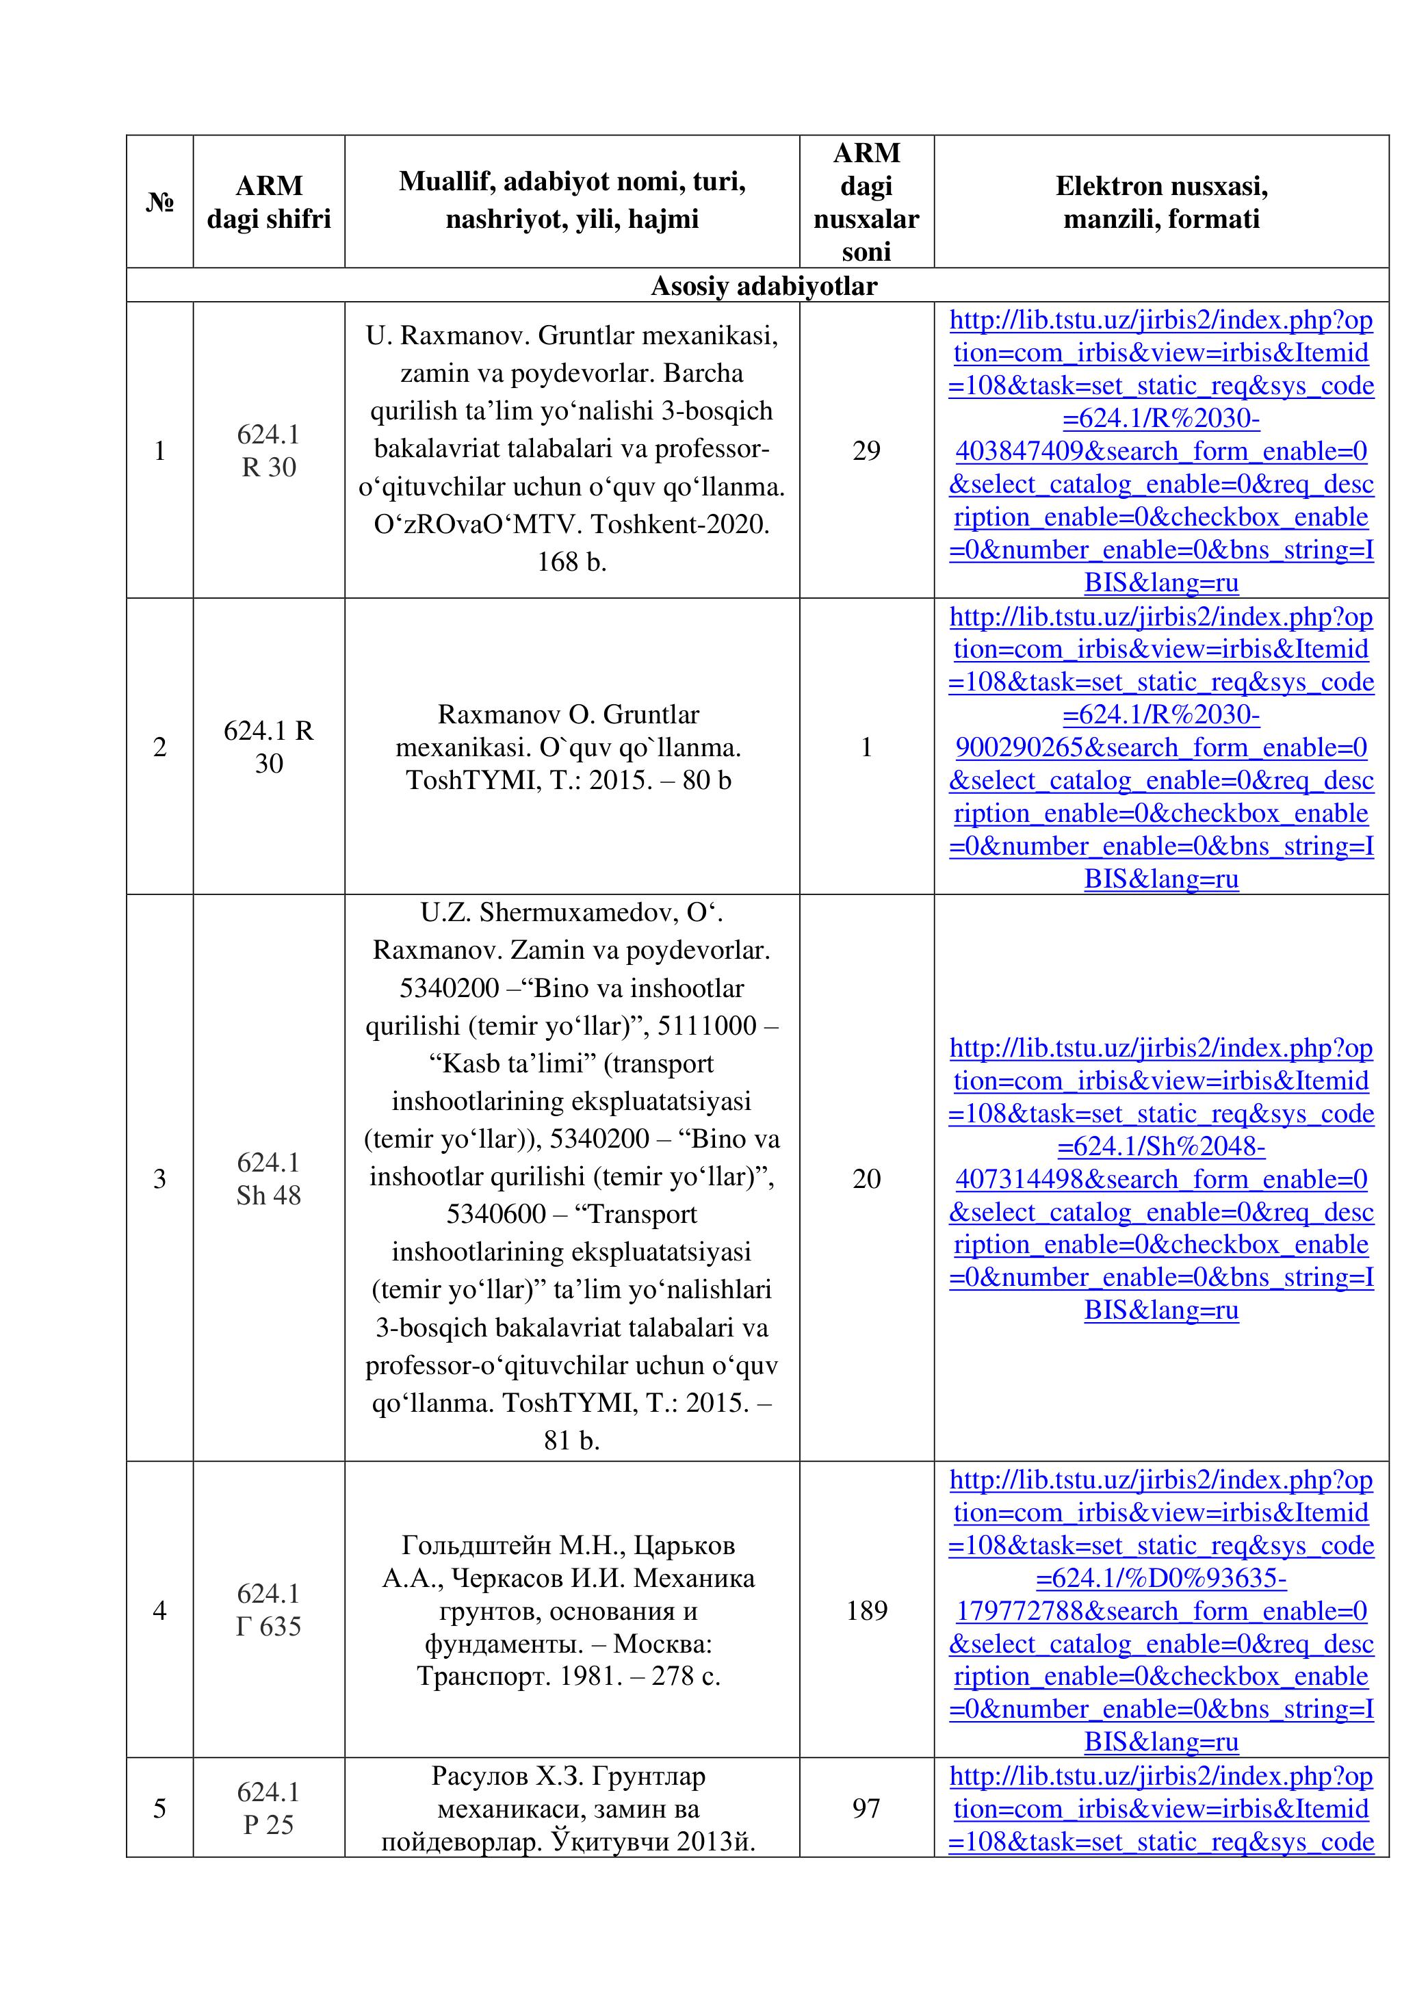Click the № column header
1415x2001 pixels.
point(159,202)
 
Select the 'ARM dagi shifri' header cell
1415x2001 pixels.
point(268,202)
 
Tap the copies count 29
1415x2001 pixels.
point(866,450)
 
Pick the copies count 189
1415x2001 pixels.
point(866,1610)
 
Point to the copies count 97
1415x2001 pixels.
point(866,1809)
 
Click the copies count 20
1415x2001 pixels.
point(866,1178)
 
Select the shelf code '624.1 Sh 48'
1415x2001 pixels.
point(268,1178)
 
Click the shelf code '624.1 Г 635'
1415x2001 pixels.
point(268,1610)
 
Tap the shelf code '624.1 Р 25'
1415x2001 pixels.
point(268,1809)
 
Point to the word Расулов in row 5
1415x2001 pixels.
point(478,1776)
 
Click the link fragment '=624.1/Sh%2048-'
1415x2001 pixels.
point(1160,1146)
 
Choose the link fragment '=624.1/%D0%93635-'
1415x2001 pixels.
point(1160,1578)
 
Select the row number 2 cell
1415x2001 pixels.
point(159,747)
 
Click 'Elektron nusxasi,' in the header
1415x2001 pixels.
point(1160,185)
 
